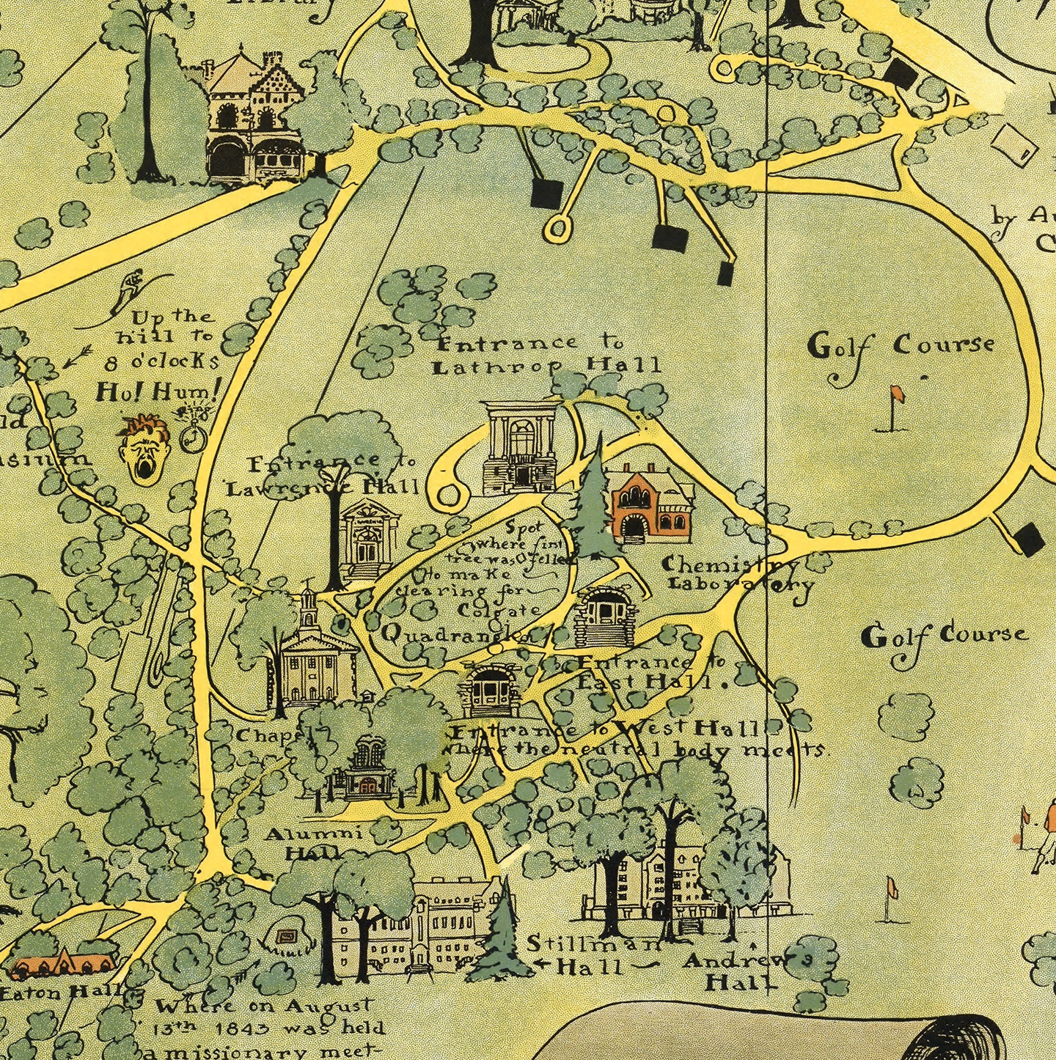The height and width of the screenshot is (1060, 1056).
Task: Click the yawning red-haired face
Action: pyautogui.click(x=144, y=449)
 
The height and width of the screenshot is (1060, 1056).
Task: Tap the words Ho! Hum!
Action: pyautogui.click(x=158, y=392)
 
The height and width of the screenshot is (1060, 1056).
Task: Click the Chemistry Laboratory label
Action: pyautogui.click(x=739, y=575)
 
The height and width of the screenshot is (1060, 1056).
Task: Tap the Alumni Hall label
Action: pyautogui.click(x=313, y=843)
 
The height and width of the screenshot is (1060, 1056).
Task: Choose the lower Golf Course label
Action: pyautogui.click(x=944, y=635)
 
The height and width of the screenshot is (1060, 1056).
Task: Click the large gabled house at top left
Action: pyautogui.click(x=254, y=117)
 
